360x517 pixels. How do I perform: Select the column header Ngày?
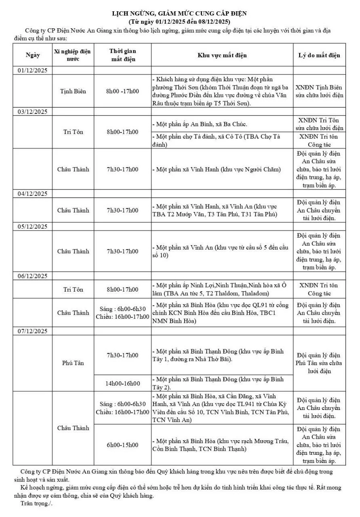(33, 55)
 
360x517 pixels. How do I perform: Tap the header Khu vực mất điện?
(222, 55)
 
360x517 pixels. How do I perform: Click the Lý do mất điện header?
(319, 55)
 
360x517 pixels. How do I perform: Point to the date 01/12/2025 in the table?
(33, 70)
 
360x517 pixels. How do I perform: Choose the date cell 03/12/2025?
(33, 111)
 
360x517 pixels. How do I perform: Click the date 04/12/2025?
(33, 193)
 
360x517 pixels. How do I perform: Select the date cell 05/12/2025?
(33, 227)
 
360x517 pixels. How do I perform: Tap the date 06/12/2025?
(33, 276)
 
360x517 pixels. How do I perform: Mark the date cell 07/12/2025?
(33, 331)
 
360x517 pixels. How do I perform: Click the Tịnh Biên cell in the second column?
(73, 91)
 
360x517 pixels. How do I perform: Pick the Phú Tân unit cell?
(73, 363)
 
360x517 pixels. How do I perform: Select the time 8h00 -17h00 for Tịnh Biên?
(122, 91)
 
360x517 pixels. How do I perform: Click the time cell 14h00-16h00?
(122, 383)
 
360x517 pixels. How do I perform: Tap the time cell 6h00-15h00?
(122, 445)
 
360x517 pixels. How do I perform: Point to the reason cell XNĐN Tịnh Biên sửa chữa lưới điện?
(319, 91)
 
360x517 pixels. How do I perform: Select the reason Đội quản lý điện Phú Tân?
(319, 363)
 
